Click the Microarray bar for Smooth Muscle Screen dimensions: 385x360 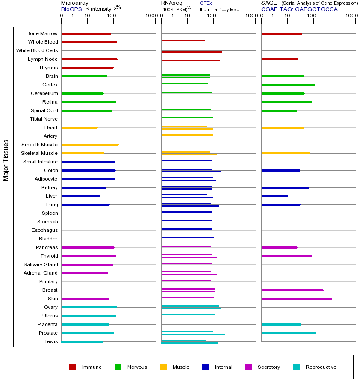click(90, 145)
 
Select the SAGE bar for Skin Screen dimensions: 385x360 click(296, 299)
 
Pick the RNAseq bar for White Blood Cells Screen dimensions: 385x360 click(191, 52)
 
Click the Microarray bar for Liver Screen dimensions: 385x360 click(80, 196)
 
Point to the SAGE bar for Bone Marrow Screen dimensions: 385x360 click(281, 33)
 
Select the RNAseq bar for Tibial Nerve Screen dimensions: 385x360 click(187, 118)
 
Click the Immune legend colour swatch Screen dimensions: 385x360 click(73, 367)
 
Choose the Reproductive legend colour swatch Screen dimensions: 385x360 click(296, 367)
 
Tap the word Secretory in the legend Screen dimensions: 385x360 click(269, 367)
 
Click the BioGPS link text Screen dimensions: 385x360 click(71, 9)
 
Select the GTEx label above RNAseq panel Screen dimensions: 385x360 click(206, 3)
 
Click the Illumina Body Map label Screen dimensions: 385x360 click(220, 9)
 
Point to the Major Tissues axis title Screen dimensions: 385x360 click(6, 160)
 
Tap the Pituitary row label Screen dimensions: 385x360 click(48, 281)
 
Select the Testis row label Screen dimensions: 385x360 click(51, 341)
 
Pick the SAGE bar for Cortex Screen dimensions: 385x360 click(288, 85)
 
